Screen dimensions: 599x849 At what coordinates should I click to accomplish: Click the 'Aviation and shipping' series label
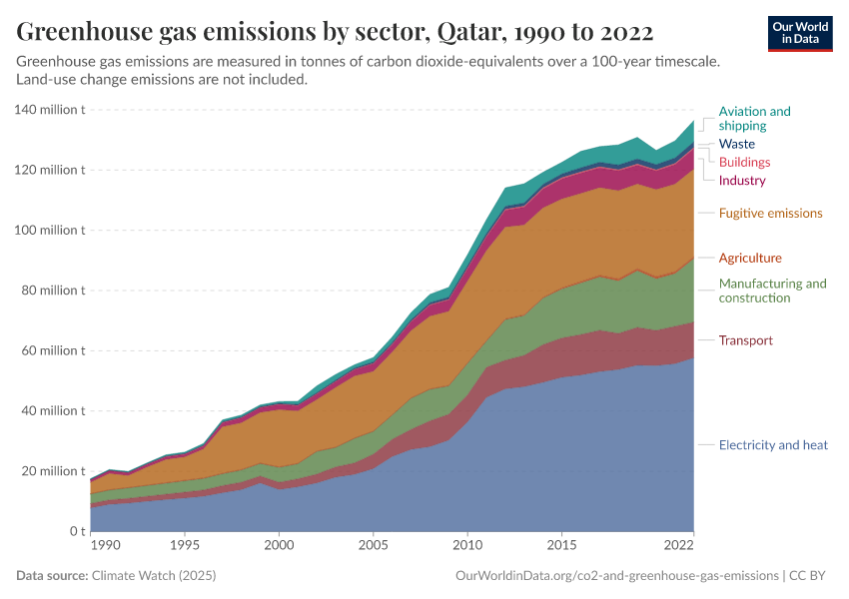click(x=754, y=119)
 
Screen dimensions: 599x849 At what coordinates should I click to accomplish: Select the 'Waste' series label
click(x=736, y=144)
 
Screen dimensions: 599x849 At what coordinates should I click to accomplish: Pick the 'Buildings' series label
click(x=744, y=162)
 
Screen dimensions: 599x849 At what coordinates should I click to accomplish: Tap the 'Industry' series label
click(x=742, y=181)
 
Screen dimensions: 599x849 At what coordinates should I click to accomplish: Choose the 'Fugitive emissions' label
click(x=770, y=213)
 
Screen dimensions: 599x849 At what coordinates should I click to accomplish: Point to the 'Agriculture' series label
click(x=750, y=258)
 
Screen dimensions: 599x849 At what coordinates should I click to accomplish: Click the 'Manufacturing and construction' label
click(x=772, y=291)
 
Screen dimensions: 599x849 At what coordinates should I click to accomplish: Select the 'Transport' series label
click(x=745, y=340)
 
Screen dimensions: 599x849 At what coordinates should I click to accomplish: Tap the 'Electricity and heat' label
click(x=773, y=445)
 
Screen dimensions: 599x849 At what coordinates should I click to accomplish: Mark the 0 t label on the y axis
click(x=76, y=531)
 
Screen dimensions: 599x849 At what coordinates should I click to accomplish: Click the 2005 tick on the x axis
click(x=373, y=546)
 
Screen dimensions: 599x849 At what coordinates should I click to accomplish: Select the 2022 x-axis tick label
click(x=679, y=546)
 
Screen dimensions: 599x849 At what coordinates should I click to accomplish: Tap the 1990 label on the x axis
click(x=104, y=546)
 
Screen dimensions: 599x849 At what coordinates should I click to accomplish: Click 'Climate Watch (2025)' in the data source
click(x=153, y=576)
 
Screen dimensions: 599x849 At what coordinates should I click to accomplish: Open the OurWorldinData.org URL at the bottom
click(x=616, y=576)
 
